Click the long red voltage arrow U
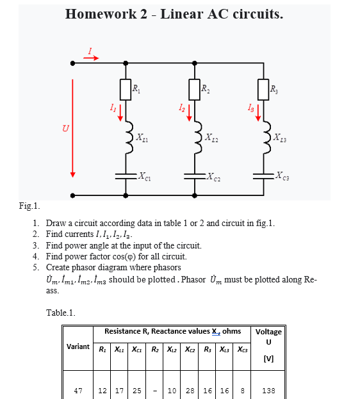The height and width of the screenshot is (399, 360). point(73,128)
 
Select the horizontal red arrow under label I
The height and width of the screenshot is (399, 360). point(91,58)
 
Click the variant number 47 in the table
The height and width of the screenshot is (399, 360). point(78,390)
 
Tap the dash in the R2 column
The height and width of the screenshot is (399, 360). point(156,390)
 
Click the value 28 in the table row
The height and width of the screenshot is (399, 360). point(190,390)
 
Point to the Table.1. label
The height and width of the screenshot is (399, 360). point(61,312)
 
